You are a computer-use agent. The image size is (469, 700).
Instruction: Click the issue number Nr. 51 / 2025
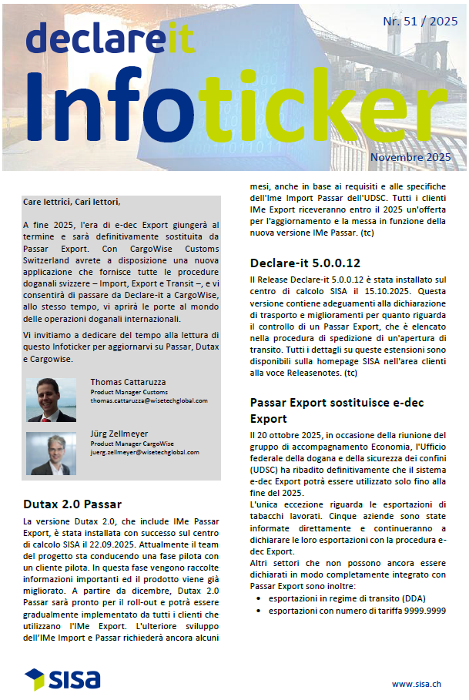pyautogui.click(x=420, y=22)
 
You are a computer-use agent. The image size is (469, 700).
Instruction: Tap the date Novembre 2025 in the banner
pyautogui.click(x=408, y=157)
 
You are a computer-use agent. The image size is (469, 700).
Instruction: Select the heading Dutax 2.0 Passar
pyautogui.click(x=72, y=504)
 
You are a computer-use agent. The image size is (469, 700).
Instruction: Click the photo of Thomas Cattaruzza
pyautogui.click(x=52, y=399)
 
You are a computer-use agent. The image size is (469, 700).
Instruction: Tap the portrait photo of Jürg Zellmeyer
pyautogui.click(x=52, y=454)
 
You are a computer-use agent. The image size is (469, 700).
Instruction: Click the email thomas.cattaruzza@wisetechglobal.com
pyautogui.click(x=149, y=400)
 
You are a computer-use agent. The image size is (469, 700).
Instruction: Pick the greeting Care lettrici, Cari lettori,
pyautogui.click(x=72, y=202)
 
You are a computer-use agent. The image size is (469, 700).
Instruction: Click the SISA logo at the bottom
pyautogui.click(x=62, y=678)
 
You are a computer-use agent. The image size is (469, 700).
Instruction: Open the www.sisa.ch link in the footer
pyautogui.click(x=417, y=683)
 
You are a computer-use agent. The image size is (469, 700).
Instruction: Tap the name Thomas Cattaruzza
pyautogui.click(x=128, y=381)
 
